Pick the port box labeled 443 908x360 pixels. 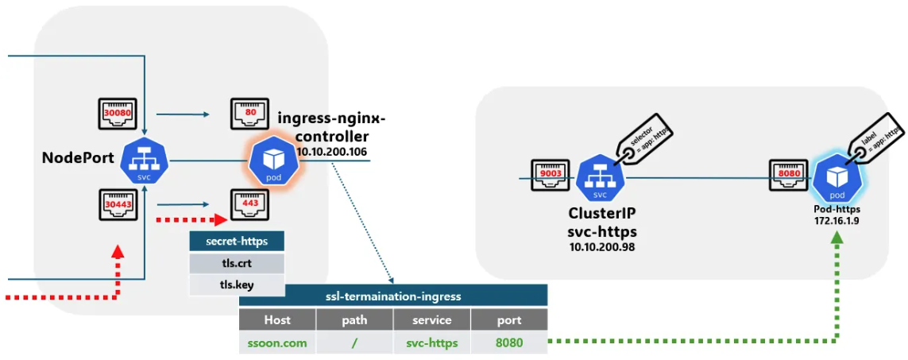[249, 203]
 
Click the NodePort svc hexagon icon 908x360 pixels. [144, 161]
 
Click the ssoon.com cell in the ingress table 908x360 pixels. [277, 343]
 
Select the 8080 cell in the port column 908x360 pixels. [509, 343]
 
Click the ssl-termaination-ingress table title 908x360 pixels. [393, 296]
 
